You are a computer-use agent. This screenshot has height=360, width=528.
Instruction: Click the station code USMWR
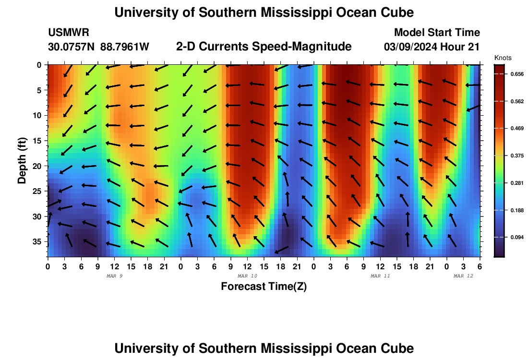[x=68, y=33]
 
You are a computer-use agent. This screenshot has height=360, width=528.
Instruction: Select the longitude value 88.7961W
[x=125, y=47]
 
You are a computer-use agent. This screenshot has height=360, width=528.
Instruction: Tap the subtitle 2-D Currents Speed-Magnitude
[x=264, y=47]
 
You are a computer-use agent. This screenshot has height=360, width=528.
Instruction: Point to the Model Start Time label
[x=437, y=33]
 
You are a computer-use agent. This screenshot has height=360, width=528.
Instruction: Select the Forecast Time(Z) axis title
[x=264, y=287]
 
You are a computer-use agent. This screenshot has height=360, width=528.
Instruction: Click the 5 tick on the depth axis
[x=40, y=90]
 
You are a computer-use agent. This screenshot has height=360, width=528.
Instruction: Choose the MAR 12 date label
[x=463, y=276]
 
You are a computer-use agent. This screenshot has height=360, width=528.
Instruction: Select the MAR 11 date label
[x=381, y=276]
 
